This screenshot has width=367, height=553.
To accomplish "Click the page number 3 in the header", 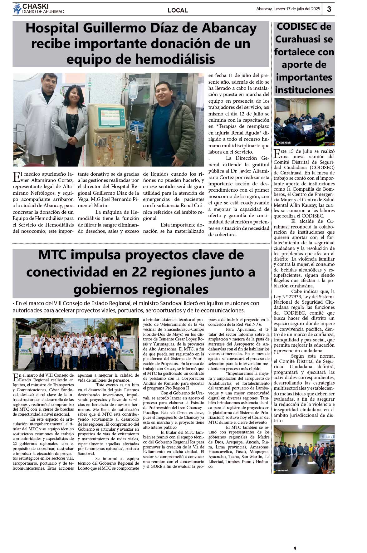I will [329, 9].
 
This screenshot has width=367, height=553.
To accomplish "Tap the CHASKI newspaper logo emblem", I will [17, 9].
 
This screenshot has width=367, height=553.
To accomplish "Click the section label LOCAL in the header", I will [178, 10].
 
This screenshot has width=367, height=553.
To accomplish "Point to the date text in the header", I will [288, 9].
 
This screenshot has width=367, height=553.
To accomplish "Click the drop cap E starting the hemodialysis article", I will [16, 176].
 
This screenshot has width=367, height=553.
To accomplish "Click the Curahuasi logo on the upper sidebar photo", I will [283, 143].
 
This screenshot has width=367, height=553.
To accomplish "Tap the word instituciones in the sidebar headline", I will [304, 90].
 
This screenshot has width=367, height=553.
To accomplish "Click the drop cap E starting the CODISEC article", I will [276, 154].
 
